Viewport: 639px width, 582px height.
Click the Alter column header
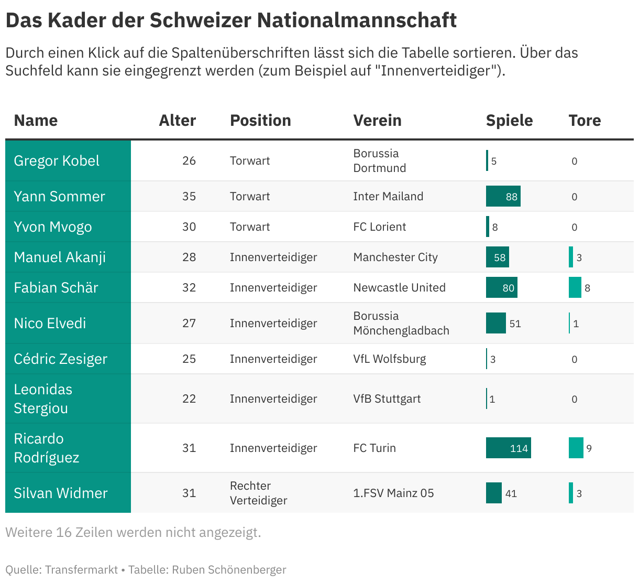coord(178,121)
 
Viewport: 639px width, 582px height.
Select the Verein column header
coord(377,121)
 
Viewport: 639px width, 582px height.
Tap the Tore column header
coord(585,121)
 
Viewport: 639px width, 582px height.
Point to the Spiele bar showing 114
coord(509,448)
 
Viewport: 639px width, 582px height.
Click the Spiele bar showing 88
coord(503,196)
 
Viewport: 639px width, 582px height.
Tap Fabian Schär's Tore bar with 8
coord(575,287)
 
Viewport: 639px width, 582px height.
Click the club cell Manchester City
coord(395,257)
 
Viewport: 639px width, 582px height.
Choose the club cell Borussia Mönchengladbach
coord(401,324)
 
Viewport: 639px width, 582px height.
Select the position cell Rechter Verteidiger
coord(258,493)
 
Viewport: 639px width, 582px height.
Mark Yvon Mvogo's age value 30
coord(189,227)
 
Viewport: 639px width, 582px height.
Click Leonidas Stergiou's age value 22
coord(189,398)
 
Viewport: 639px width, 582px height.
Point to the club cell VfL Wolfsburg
coord(390,359)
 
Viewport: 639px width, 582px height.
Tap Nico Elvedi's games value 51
coord(515,324)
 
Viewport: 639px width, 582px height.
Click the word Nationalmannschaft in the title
coord(357,20)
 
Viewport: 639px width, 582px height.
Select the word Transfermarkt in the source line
coord(82,569)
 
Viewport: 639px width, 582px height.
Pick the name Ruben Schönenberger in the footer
coord(229,569)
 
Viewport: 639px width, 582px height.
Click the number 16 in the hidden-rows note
coord(64,532)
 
